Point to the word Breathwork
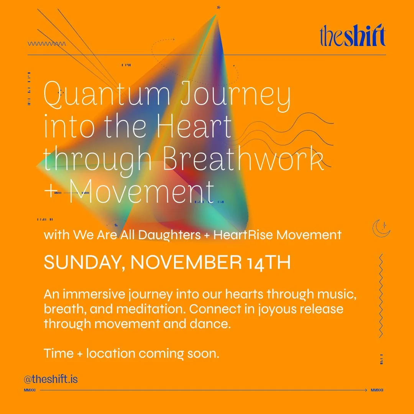coord(244,160)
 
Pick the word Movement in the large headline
coord(141,192)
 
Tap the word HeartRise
coord(243,235)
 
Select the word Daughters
coord(169,235)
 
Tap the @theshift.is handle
coord(51,379)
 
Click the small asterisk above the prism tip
coord(219,7)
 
